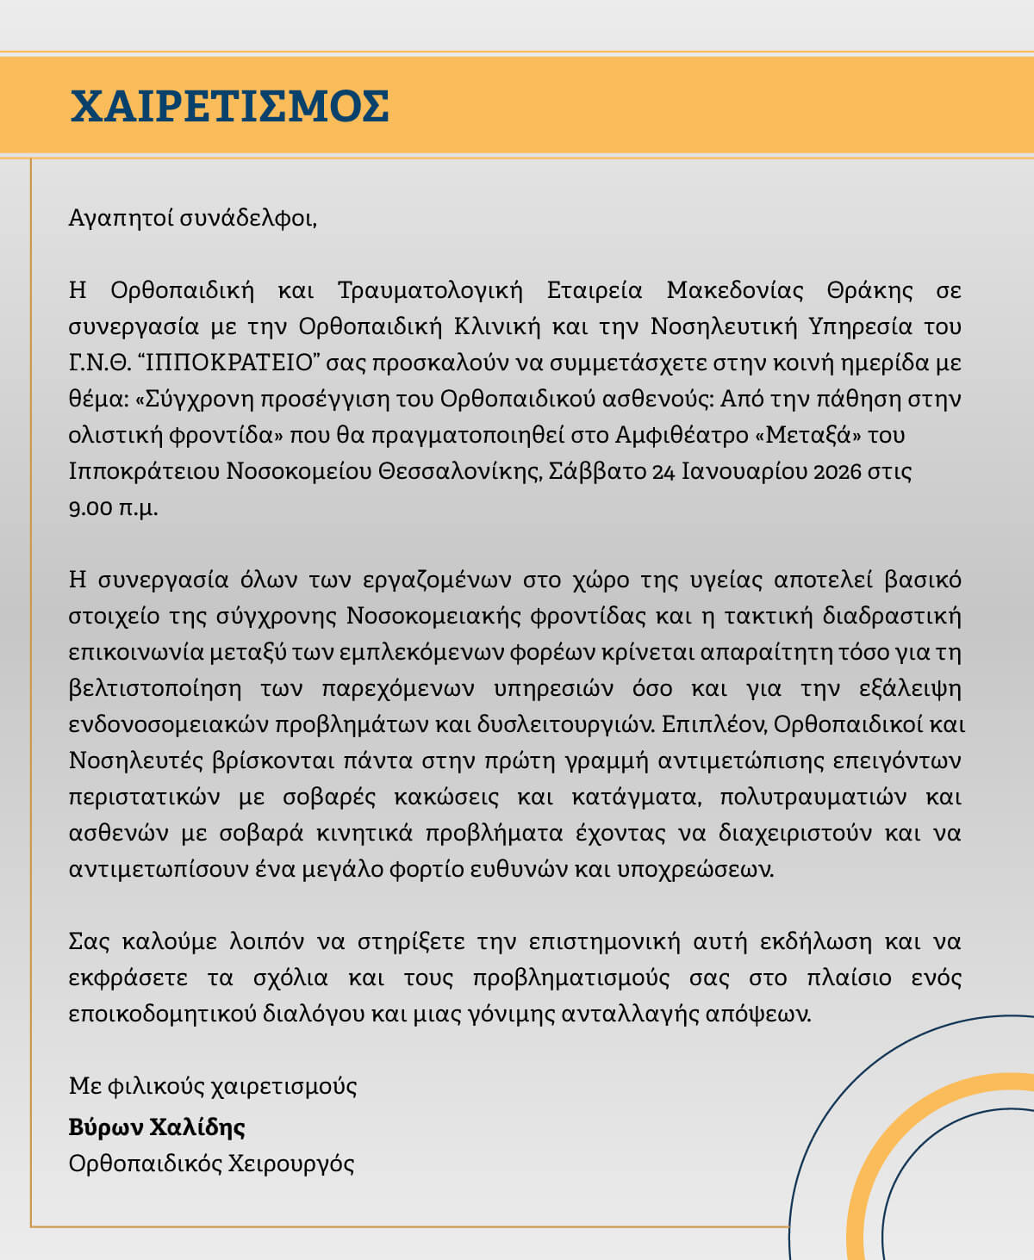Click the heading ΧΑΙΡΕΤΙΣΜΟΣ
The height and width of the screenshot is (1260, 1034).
tap(229, 107)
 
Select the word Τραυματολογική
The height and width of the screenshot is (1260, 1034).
tap(430, 290)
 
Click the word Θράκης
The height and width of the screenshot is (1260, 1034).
tap(869, 290)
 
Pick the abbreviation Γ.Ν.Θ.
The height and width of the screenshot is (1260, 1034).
tap(97, 363)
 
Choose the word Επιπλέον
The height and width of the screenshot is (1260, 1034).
tap(713, 725)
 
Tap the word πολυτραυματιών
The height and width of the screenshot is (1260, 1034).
tap(813, 798)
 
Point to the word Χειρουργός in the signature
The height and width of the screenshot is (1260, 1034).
tap(290, 1164)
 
